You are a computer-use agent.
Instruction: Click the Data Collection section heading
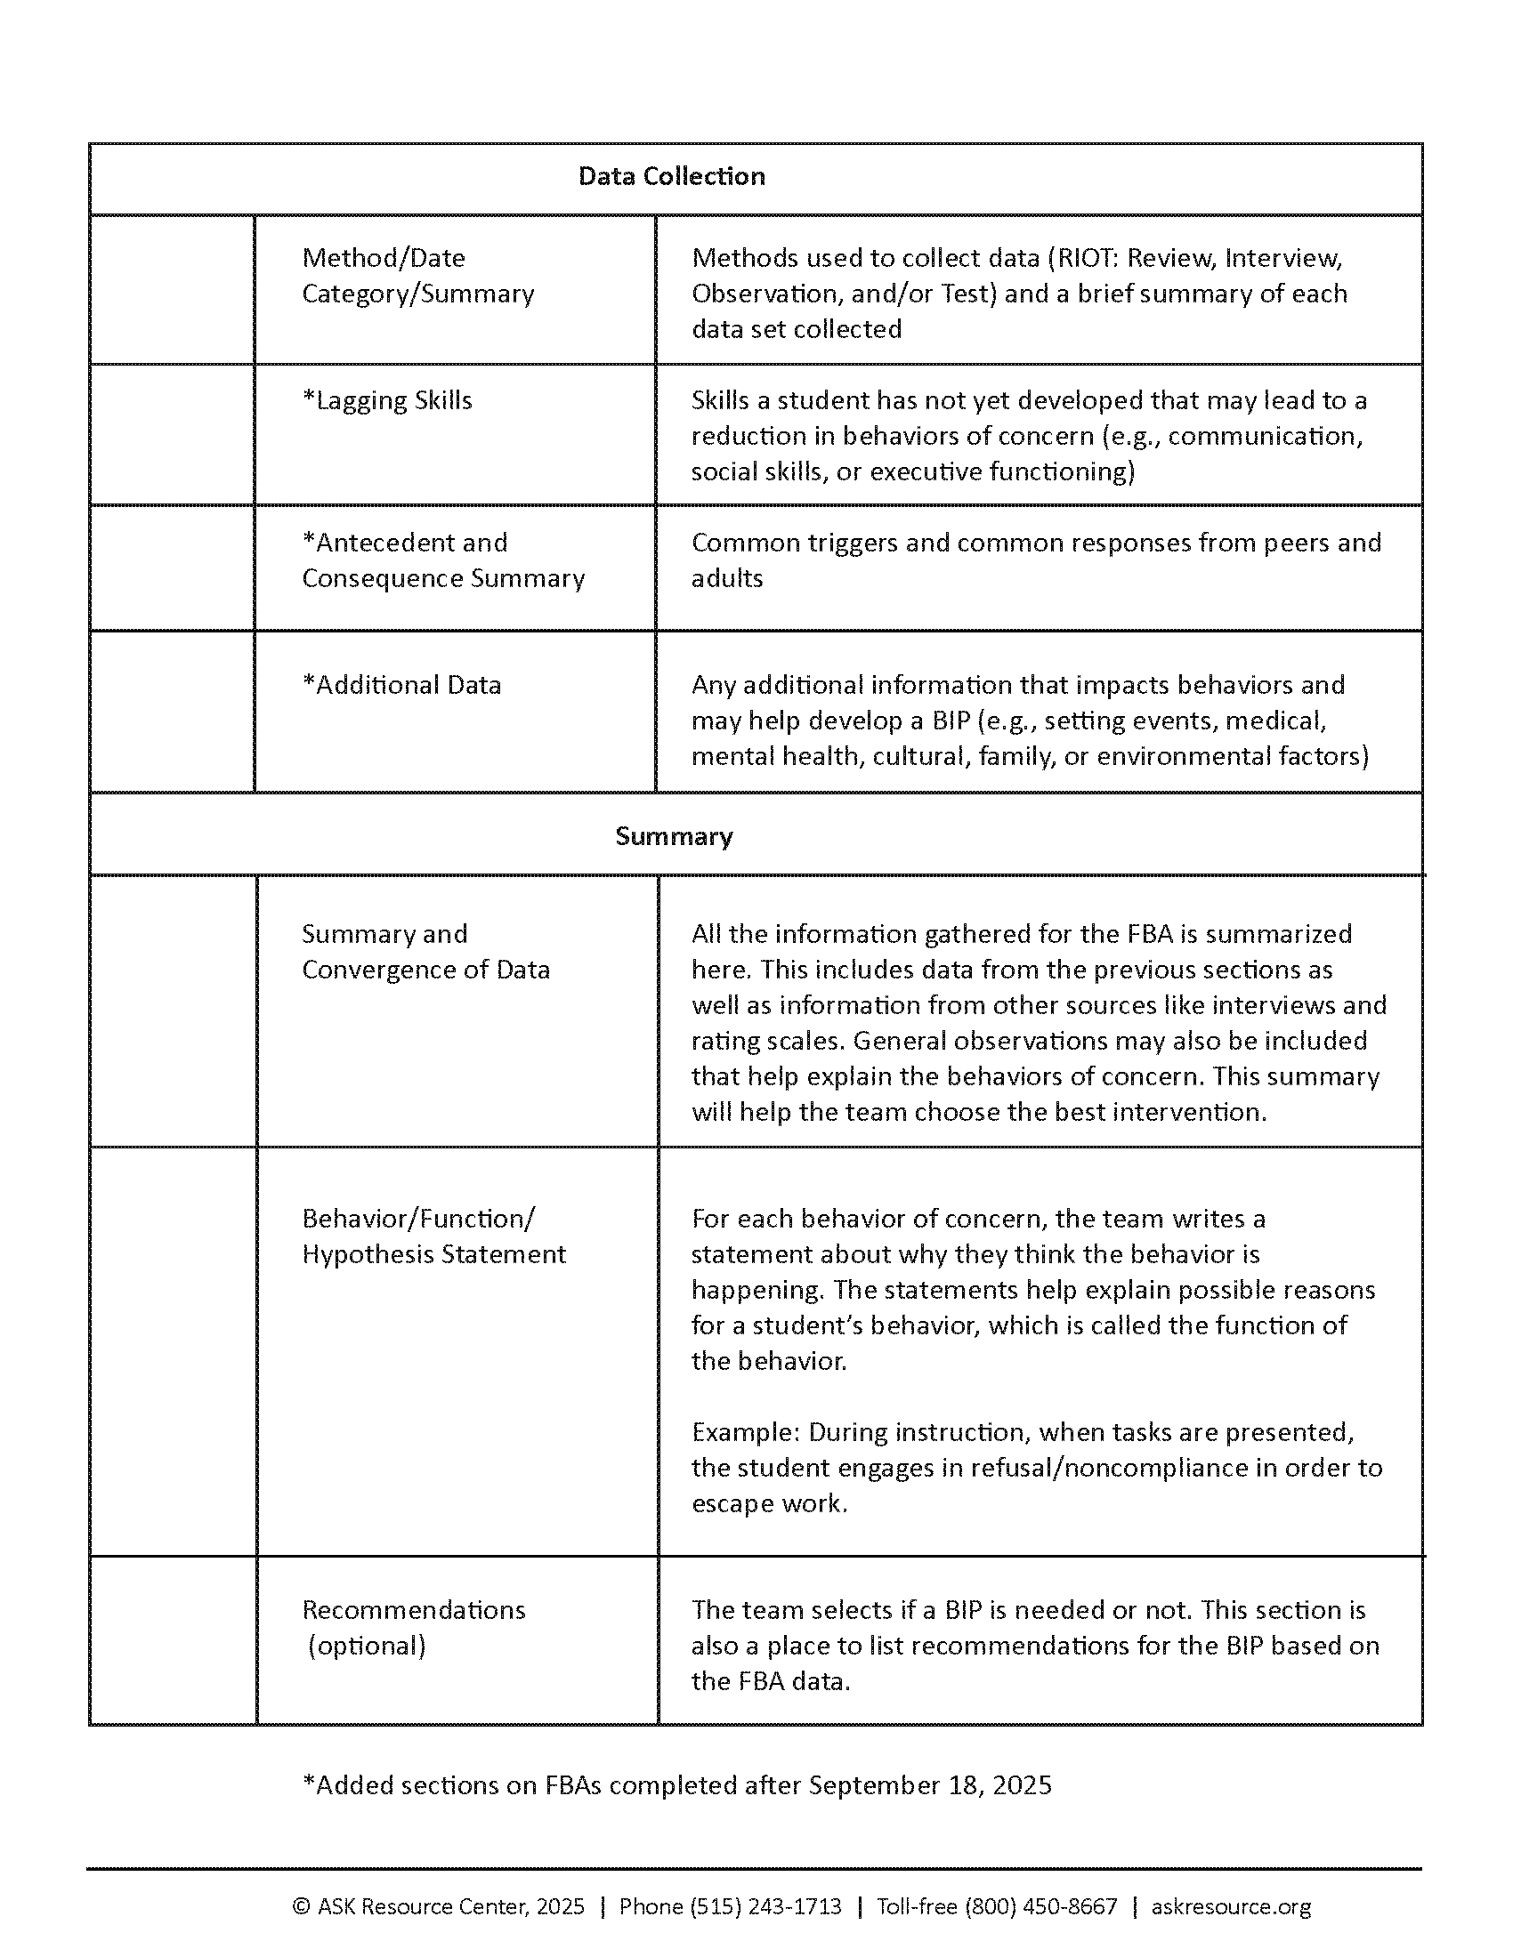[671, 176]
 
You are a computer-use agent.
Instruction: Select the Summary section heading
[674, 837]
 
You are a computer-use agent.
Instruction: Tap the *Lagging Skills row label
[387, 400]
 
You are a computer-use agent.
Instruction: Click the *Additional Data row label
[401, 686]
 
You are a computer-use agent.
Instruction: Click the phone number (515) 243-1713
[765, 1907]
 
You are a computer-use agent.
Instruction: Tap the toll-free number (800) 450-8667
[1040, 1907]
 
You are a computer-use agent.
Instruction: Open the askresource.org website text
[1231, 1907]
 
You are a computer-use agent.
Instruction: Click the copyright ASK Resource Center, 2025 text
[439, 1907]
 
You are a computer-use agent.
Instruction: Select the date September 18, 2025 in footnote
[929, 1786]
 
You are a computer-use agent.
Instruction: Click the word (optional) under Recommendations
[367, 1646]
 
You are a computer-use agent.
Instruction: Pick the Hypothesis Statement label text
[433, 1254]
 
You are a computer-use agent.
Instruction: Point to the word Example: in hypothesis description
[745, 1433]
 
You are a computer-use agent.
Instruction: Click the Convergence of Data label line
[425, 970]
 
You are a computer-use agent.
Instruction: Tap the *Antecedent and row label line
[405, 543]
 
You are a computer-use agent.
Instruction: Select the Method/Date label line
[384, 258]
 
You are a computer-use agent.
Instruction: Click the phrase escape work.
[769, 1503]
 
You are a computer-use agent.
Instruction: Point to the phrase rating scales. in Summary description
[768, 1042]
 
